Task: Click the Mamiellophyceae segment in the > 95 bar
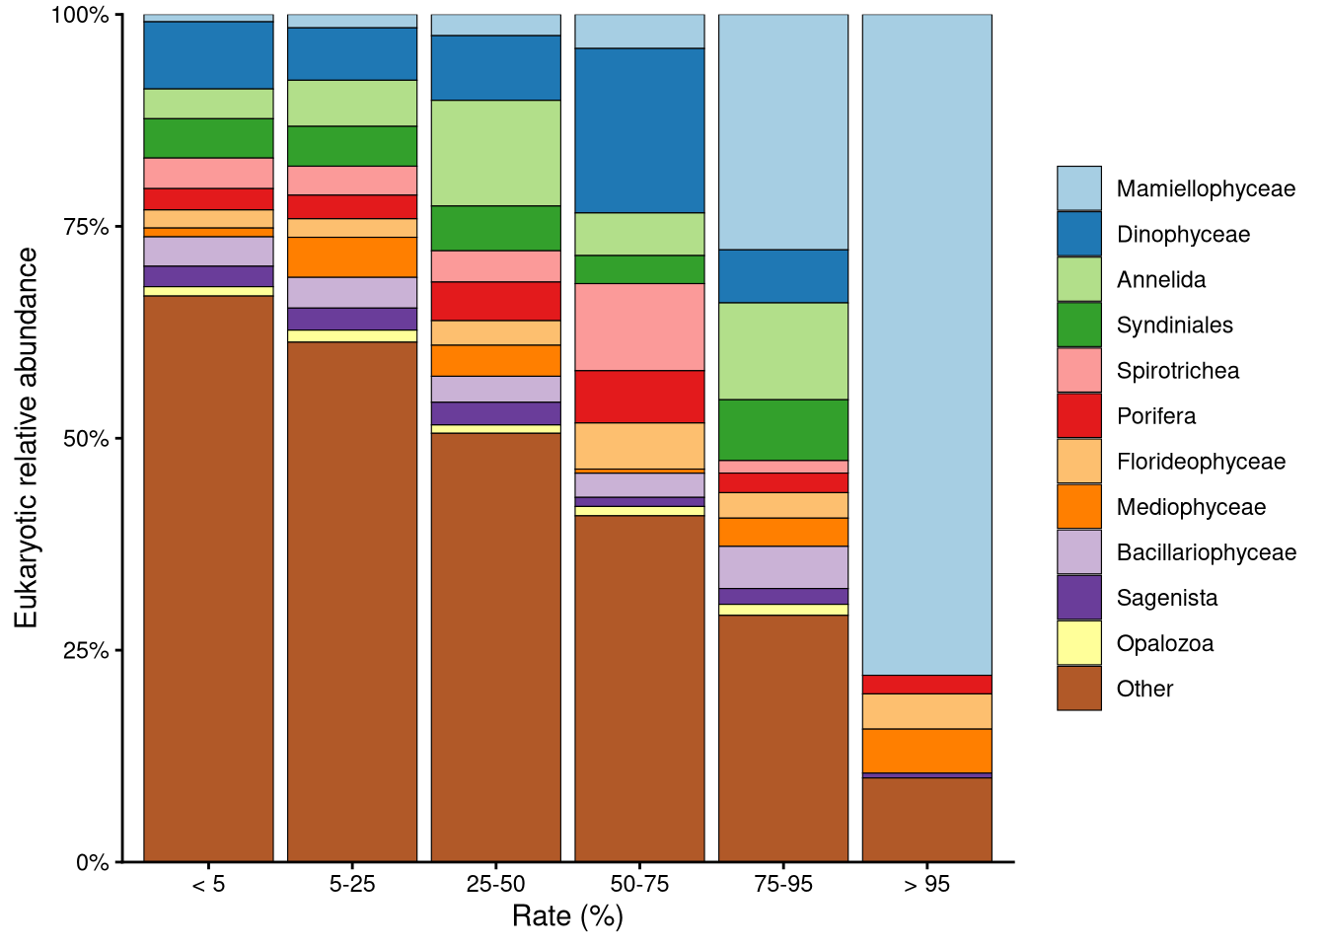coord(926,344)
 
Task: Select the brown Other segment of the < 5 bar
coord(208,578)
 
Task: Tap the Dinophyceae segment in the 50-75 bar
coord(639,130)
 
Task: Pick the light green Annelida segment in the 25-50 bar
coord(495,153)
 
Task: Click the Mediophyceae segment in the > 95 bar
coord(926,751)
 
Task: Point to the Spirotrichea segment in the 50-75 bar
coord(639,327)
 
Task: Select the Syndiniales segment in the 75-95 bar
coord(782,429)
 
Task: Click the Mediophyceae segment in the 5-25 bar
coord(352,257)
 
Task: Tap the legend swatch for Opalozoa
coord(1078,643)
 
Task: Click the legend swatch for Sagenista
coord(1078,598)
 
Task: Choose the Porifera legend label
coord(1155,416)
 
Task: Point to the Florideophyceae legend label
coord(1200,462)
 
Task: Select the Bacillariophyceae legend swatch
coord(1078,552)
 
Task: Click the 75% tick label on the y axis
coord(86,227)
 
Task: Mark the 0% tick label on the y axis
coord(92,862)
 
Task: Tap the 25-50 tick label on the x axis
coord(495,884)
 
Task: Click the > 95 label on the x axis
coord(926,884)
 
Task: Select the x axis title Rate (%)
coord(567,916)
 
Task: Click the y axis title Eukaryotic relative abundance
coord(27,437)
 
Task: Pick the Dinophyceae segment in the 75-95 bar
coord(782,276)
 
